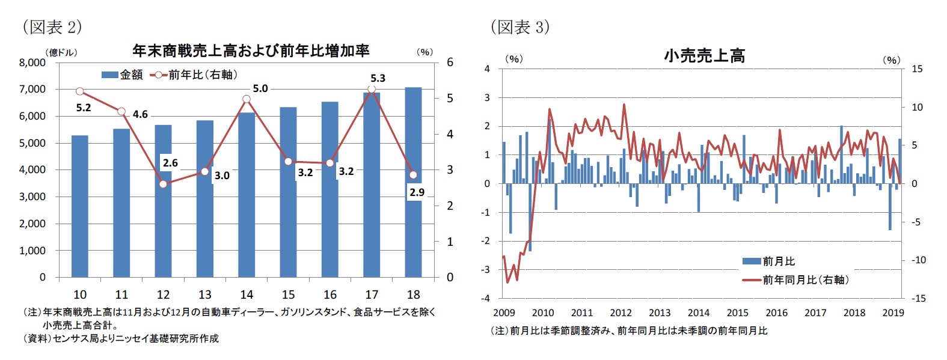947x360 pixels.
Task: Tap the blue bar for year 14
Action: [x=247, y=195]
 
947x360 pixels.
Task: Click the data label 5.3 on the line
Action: [x=378, y=78]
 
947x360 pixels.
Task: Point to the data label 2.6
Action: [x=170, y=163]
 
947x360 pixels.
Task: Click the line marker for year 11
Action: [x=121, y=112]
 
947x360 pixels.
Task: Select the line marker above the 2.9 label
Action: [x=413, y=175]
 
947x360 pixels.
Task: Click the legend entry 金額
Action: [x=123, y=75]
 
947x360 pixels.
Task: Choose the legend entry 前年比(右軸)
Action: [x=195, y=75]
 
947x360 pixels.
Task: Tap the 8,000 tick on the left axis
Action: [x=32, y=63]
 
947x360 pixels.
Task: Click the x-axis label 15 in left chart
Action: [x=288, y=294]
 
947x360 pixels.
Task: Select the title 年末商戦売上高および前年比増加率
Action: [x=251, y=50]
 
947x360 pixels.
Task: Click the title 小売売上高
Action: [x=704, y=56]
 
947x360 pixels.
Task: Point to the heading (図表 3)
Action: [x=520, y=27]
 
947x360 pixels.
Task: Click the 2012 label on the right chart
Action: [x=621, y=313]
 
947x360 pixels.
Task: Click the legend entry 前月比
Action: [x=769, y=261]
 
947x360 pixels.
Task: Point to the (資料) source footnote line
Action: [x=120, y=338]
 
